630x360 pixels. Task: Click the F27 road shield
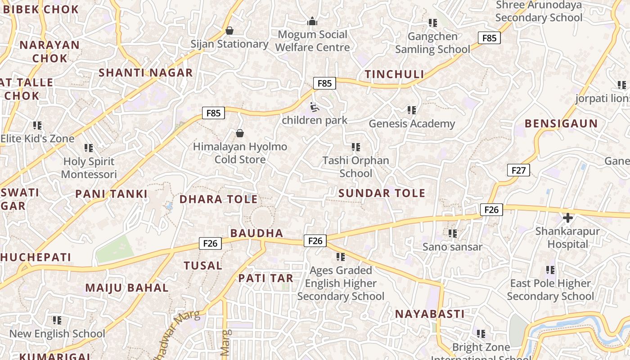click(x=518, y=170)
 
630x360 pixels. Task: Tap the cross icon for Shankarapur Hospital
click(x=568, y=218)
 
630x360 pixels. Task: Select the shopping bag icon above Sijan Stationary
click(x=229, y=31)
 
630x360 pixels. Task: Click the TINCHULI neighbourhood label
click(x=394, y=74)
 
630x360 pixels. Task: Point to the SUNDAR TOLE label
click(x=382, y=193)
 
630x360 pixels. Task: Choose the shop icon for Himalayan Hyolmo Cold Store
click(x=240, y=133)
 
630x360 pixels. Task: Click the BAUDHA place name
click(x=256, y=233)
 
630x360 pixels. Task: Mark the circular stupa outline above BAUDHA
click(x=261, y=219)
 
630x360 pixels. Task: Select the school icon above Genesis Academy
click(x=411, y=110)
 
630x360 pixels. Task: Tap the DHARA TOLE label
click(x=219, y=199)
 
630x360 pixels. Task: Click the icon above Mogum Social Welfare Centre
click(x=312, y=21)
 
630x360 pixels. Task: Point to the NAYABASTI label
click(x=429, y=314)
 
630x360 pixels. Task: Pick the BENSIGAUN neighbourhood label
click(x=561, y=123)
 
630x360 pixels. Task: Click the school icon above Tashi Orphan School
click(x=356, y=147)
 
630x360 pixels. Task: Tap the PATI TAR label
click(x=265, y=278)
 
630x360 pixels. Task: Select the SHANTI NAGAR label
click(x=145, y=72)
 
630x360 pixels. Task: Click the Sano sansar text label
click(x=452, y=247)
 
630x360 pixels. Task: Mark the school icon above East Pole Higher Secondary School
click(x=550, y=270)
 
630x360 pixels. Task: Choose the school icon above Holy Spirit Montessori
click(x=89, y=148)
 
